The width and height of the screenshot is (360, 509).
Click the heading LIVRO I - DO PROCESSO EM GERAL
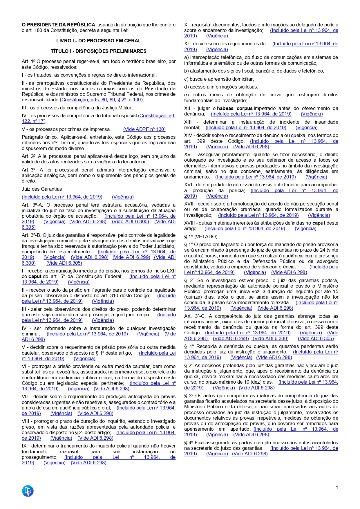(99, 41)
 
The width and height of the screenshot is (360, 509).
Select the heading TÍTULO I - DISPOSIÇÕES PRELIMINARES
(99, 51)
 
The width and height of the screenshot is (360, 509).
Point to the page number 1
(337, 487)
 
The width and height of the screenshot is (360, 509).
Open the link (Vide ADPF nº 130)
(144, 129)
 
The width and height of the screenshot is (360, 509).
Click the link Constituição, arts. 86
(84, 100)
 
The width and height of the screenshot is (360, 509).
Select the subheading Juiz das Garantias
(42, 189)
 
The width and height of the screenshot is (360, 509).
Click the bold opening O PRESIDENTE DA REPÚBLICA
(58, 25)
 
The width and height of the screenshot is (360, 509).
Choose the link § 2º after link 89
(122, 100)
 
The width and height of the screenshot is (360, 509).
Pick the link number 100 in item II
(137, 100)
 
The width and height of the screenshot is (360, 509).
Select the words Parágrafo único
(38, 137)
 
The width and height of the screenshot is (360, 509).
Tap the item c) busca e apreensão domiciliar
(219, 79)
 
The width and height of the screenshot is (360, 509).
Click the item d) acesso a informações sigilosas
(221, 87)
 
